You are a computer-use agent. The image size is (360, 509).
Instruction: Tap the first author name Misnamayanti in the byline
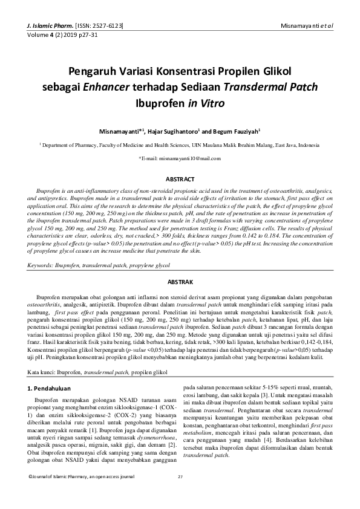(x=119, y=131)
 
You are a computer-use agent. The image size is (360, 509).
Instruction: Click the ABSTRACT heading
(x=180, y=180)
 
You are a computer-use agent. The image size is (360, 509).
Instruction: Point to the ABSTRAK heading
(x=180, y=282)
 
